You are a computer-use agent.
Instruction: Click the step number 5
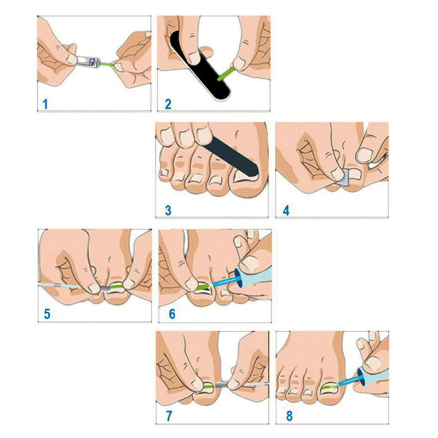click(47, 314)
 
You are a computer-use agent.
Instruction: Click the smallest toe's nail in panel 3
click(163, 173)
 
